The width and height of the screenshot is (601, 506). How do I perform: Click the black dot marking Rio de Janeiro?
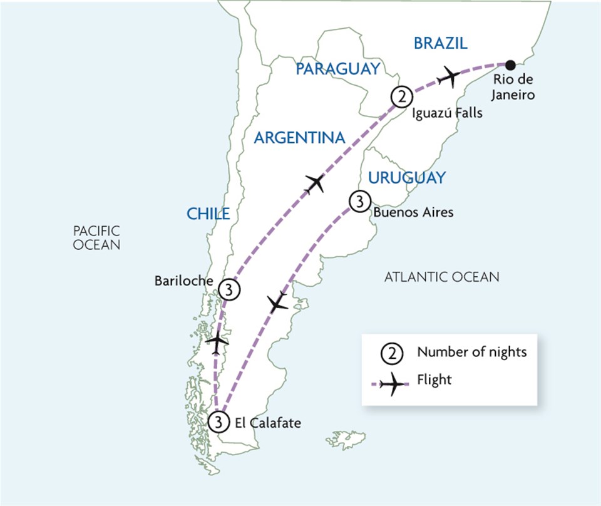click(x=510, y=65)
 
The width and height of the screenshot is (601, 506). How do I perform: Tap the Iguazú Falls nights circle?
click(x=401, y=97)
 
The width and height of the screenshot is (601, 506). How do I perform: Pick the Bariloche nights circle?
click(x=230, y=289)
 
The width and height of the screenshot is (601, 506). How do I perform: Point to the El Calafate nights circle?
click(x=218, y=422)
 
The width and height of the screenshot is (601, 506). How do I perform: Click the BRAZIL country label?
click(x=441, y=43)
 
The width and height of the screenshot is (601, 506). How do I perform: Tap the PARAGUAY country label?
click(x=338, y=68)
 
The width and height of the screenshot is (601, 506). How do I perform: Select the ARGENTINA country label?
click(x=299, y=138)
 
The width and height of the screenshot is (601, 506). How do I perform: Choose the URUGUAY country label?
click(x=406, y=178)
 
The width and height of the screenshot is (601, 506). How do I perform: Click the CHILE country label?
click(x=208, y=214)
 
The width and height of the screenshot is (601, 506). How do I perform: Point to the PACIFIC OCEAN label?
click(x=96, y=238)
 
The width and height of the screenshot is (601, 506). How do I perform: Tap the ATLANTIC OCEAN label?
click(x=442, y=276)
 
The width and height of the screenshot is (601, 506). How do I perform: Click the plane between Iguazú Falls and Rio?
click(x=449, y=76)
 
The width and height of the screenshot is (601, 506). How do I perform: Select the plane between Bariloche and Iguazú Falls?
click(x=316, y=183)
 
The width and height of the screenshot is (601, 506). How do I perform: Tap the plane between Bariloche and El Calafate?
click(x=217, y=343)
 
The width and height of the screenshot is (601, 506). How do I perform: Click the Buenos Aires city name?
click(x=413, y=213)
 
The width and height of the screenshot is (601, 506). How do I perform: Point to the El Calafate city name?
click(x=267, y=423)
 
